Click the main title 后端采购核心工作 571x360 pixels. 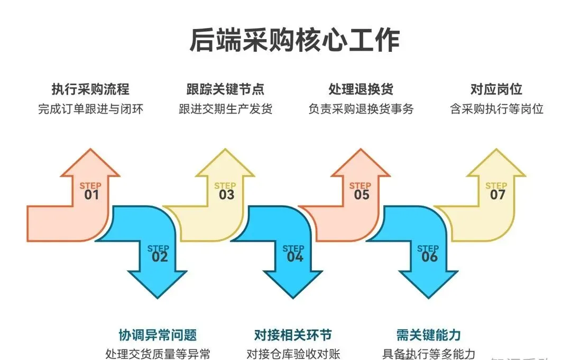294,41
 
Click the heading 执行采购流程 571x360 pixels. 90,89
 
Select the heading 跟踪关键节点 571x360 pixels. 225,89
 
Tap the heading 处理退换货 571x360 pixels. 361,89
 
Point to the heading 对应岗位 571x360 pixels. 496,89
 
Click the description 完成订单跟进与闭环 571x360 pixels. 90,109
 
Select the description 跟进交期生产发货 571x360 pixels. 225,109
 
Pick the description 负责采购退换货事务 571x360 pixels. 361,109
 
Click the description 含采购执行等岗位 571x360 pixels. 496,109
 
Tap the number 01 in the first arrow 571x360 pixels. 91,195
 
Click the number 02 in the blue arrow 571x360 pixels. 159,257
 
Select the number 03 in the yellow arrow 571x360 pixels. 226,195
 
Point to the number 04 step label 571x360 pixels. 294,257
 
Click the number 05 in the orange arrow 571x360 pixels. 362,195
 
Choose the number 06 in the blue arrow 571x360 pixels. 429,257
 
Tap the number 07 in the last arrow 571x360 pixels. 498,195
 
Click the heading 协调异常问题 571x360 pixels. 158,335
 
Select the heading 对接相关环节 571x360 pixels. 293,335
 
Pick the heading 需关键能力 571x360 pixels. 428,335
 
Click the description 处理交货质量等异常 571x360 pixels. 158,354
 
